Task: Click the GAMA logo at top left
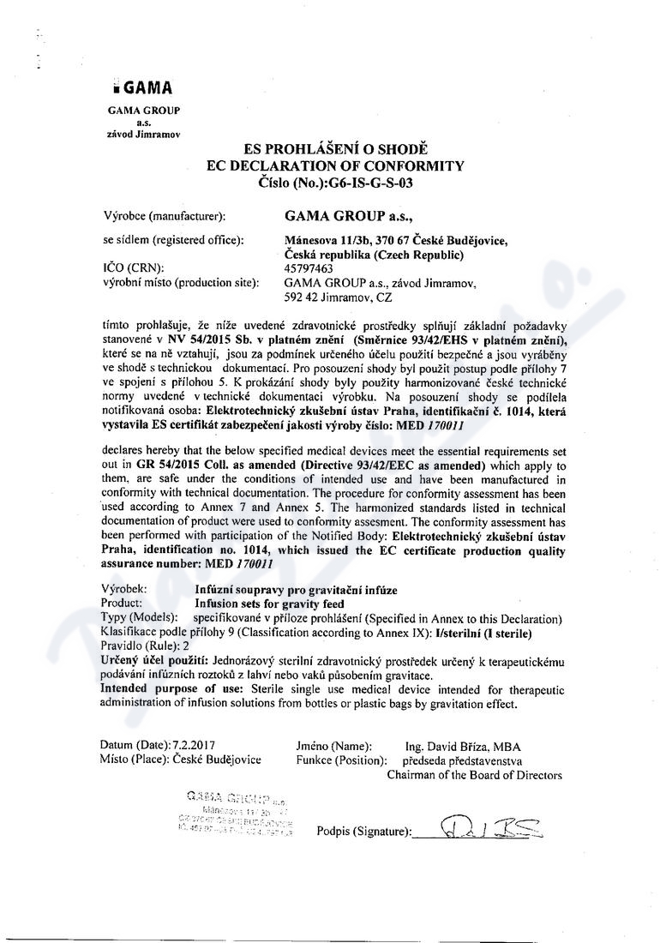[142, 88]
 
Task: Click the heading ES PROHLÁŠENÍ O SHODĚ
[335, 150]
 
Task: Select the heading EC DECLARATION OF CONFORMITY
[335, 165]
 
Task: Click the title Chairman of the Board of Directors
[474, 775]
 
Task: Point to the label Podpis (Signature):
[363, 832]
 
